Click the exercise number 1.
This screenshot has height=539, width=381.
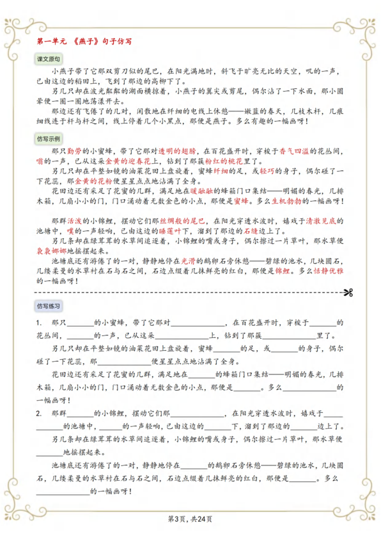[39, 322]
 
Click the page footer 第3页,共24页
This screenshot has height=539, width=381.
[190, 519]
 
